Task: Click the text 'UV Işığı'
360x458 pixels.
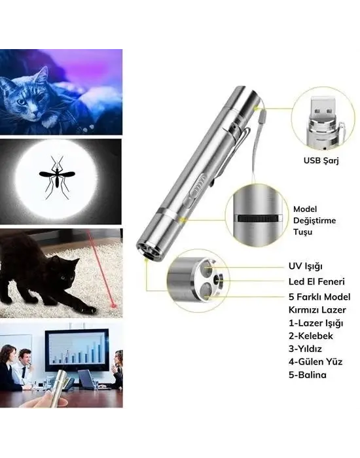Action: pyautogui.click(x=306, y=267)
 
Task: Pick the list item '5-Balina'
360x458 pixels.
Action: pyautogui.click(x=307, y=375)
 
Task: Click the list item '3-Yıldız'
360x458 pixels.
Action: pyautogui.click(x=306, y=348)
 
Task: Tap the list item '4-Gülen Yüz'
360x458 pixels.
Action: pyautogui.click(x=315, y=361)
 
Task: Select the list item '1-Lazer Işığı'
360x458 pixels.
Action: pyautogui.click(x=316, y=322)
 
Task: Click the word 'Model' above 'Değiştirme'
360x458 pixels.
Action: pyautogui.click(x=305, y=209)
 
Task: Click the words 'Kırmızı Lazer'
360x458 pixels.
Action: pyautogui.click(x=317, y=308)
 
